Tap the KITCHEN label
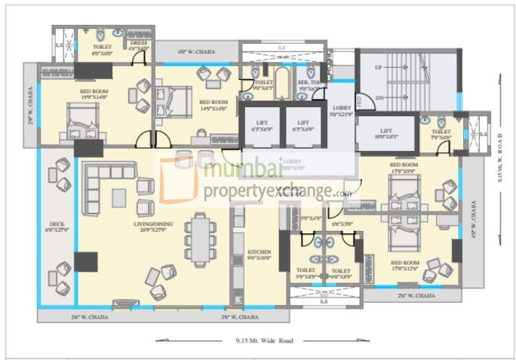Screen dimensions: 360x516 259,255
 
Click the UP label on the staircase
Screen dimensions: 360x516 378,68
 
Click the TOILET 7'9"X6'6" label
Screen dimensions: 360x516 441,134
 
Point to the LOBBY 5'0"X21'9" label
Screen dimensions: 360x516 342,111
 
